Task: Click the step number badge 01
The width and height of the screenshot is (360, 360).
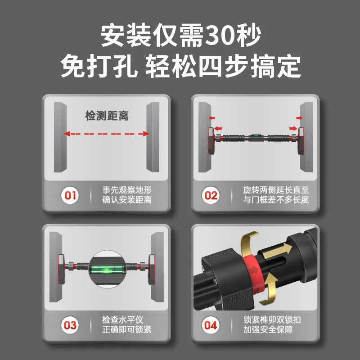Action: coord(71,196)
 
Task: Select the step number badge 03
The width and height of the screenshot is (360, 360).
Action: coord(71,325)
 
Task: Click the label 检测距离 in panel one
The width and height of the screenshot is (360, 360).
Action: coord(107,116)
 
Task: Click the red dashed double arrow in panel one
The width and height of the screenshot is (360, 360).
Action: coord(106,134)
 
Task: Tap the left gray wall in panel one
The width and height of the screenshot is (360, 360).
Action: coord(59,137)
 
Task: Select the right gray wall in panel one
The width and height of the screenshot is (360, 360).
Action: coord(153,137)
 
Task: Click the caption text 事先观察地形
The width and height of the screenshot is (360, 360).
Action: coord(130,190)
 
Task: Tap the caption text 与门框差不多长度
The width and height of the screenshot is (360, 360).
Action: coord(276,200)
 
